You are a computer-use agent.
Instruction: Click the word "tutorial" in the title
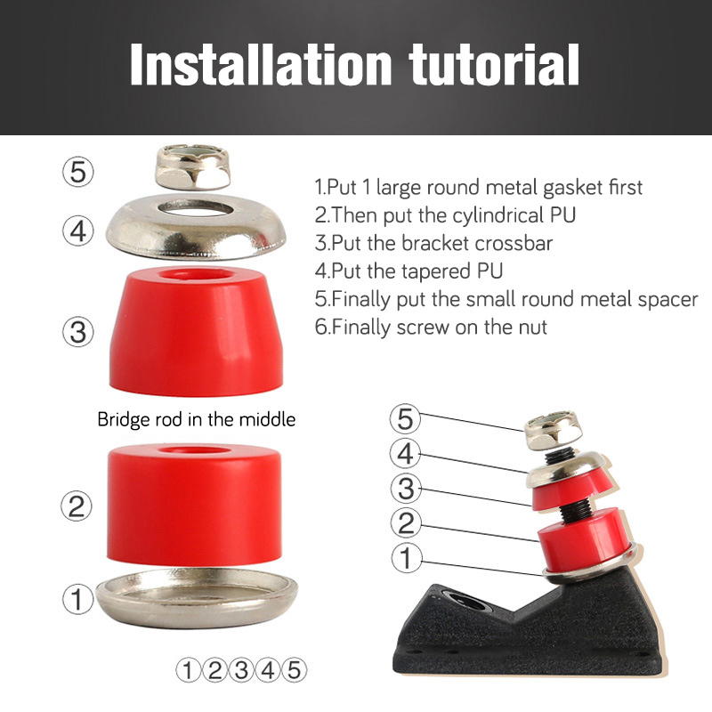494,64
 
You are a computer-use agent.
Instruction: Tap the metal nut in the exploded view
193,166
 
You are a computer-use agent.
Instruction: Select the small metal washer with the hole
196,226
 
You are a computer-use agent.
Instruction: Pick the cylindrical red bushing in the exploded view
194,505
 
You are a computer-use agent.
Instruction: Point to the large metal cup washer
198,597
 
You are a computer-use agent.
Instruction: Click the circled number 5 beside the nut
78,172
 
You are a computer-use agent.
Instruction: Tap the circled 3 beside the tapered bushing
78,331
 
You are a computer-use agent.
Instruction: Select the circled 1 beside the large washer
77,599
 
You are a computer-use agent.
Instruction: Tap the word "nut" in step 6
531,328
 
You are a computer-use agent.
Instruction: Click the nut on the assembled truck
554,430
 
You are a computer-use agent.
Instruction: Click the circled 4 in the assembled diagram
406,453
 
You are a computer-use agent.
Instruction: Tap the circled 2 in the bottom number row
214,670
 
